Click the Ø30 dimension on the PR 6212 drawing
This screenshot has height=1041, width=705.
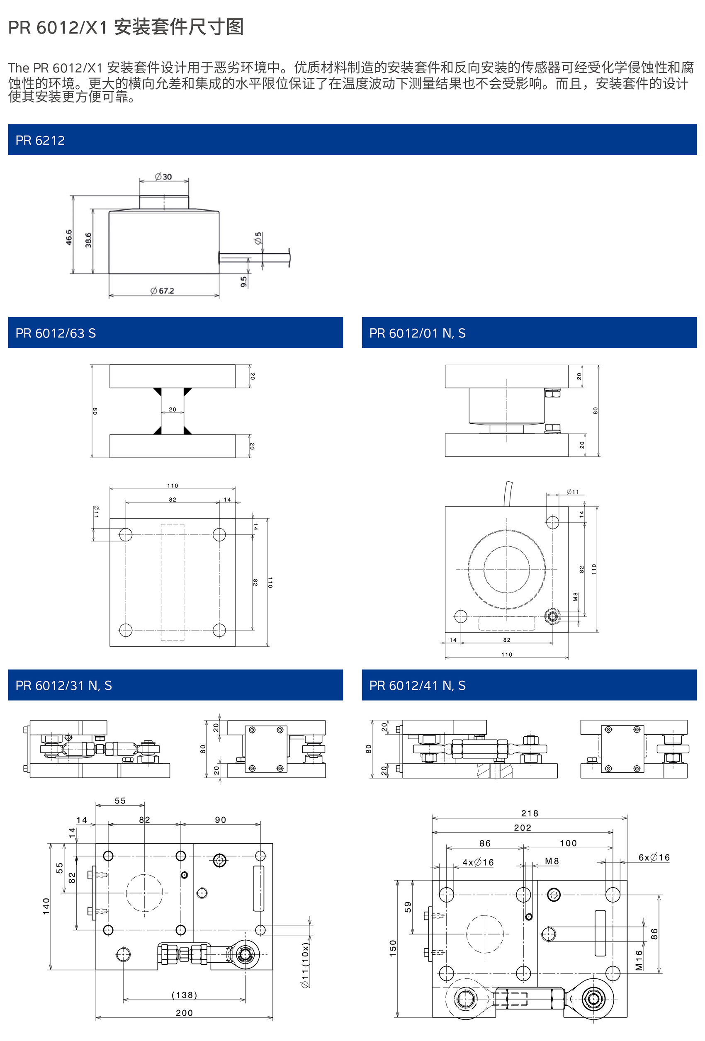(x=163, y=177)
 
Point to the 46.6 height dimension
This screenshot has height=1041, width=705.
(x=69, y=238)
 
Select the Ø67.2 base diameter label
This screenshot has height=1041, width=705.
(x=162, y=291)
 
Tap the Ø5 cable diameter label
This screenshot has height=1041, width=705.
(x=258, y=238)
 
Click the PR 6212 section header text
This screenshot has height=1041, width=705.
(x=40, y=141)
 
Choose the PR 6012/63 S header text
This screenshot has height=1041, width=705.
(x=56, y=333)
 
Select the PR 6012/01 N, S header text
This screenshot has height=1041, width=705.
(x=417, y=333)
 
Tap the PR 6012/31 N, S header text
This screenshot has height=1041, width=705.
(x=63, y=685)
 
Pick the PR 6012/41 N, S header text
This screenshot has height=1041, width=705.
(x=417, y=685)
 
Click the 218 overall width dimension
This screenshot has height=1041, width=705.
(x=529, y=813)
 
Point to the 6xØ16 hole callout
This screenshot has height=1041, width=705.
(x=654, y=857)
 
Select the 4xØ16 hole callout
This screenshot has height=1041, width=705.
(x=478, y=862)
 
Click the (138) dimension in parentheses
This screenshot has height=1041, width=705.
(x=184, y=995)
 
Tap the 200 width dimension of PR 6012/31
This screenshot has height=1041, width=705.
(x=184, y=1013)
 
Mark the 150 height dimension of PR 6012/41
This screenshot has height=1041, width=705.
(x=393, y=948)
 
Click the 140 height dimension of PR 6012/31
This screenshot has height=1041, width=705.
(x=46, y=906)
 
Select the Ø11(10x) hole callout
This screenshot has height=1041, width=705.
(x=305, y=965)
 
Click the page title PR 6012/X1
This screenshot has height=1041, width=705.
(x=126, y=27)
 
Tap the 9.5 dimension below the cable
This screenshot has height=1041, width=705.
(x=243, y=282)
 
